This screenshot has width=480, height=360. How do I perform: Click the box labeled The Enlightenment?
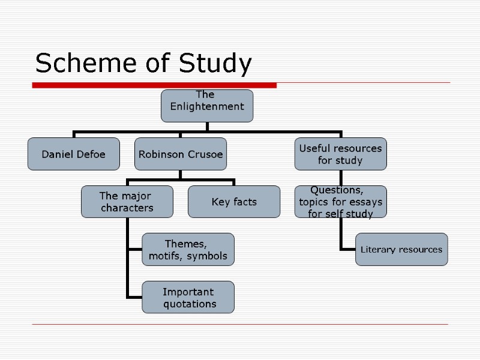click(x=207, y=106)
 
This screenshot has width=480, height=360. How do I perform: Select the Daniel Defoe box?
click(x=73, y=154)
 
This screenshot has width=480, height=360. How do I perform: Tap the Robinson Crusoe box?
click(x=181, y=154)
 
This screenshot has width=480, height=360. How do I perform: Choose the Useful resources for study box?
click(x=340, y=154)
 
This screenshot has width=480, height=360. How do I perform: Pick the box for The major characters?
click(x=127, y=202)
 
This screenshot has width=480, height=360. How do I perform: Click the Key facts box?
click(x=234, y=202)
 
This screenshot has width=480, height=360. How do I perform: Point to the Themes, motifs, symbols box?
click(x=188, y=250)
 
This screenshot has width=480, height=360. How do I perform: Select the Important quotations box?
click(x=188, y=298)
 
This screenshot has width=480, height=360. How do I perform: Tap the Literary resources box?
click(x=401, y=250)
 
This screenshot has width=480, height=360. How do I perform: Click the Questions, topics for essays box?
click(x=340, y=202)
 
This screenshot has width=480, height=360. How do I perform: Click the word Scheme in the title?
click(x=76, y=64)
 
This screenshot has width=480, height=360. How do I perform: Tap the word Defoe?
click(x=90, y=154)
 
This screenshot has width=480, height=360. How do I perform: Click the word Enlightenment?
click(x=207, y=107)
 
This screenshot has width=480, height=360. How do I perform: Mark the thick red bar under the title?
click(x=154, y=86)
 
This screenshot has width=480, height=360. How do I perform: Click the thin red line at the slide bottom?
click(x=240, y=325)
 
